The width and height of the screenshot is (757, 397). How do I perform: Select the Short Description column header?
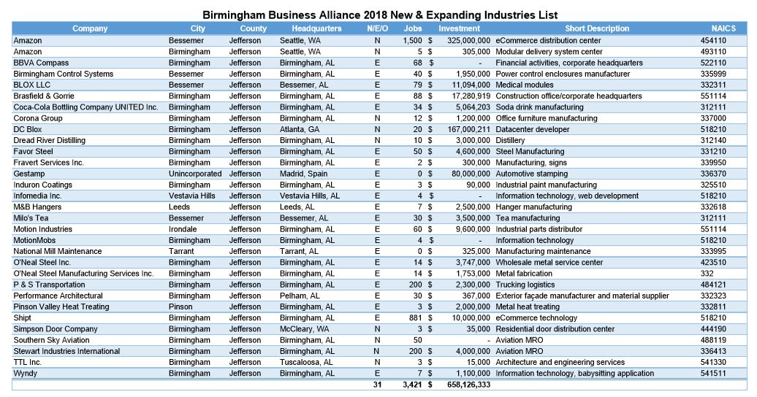coord(596,28)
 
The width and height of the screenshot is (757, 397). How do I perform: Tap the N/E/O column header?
coord(377,28)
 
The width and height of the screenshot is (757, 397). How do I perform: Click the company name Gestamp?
coord(28,174)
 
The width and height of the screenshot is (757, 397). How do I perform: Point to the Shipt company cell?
coord(22,317)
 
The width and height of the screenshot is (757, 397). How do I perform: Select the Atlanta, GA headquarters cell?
coord(300,129)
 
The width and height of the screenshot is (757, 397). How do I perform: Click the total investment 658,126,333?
coord(468,385)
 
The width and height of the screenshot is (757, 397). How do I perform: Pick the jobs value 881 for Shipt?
coord(415,317)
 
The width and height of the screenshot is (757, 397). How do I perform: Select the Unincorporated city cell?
coord(194,174)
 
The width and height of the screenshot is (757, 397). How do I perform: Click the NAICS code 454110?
coord(713,41)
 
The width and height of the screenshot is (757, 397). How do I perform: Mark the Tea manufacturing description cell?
coord(528,218)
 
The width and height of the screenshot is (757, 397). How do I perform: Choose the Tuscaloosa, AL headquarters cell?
coord(306,362)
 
